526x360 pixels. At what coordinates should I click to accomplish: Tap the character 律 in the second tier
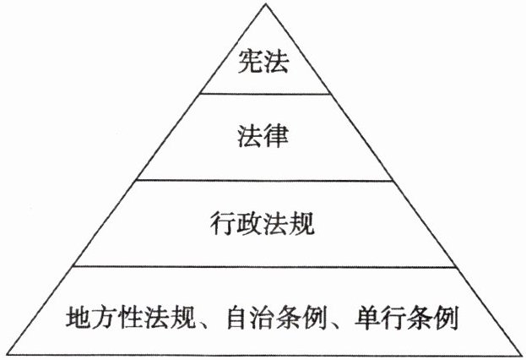point(276,135)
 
